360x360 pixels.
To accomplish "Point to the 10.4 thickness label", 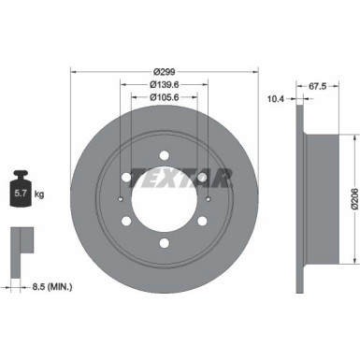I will (275, 97).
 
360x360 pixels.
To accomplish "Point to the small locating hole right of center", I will (206, 199).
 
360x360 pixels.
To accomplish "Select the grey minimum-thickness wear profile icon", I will (20, 244).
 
